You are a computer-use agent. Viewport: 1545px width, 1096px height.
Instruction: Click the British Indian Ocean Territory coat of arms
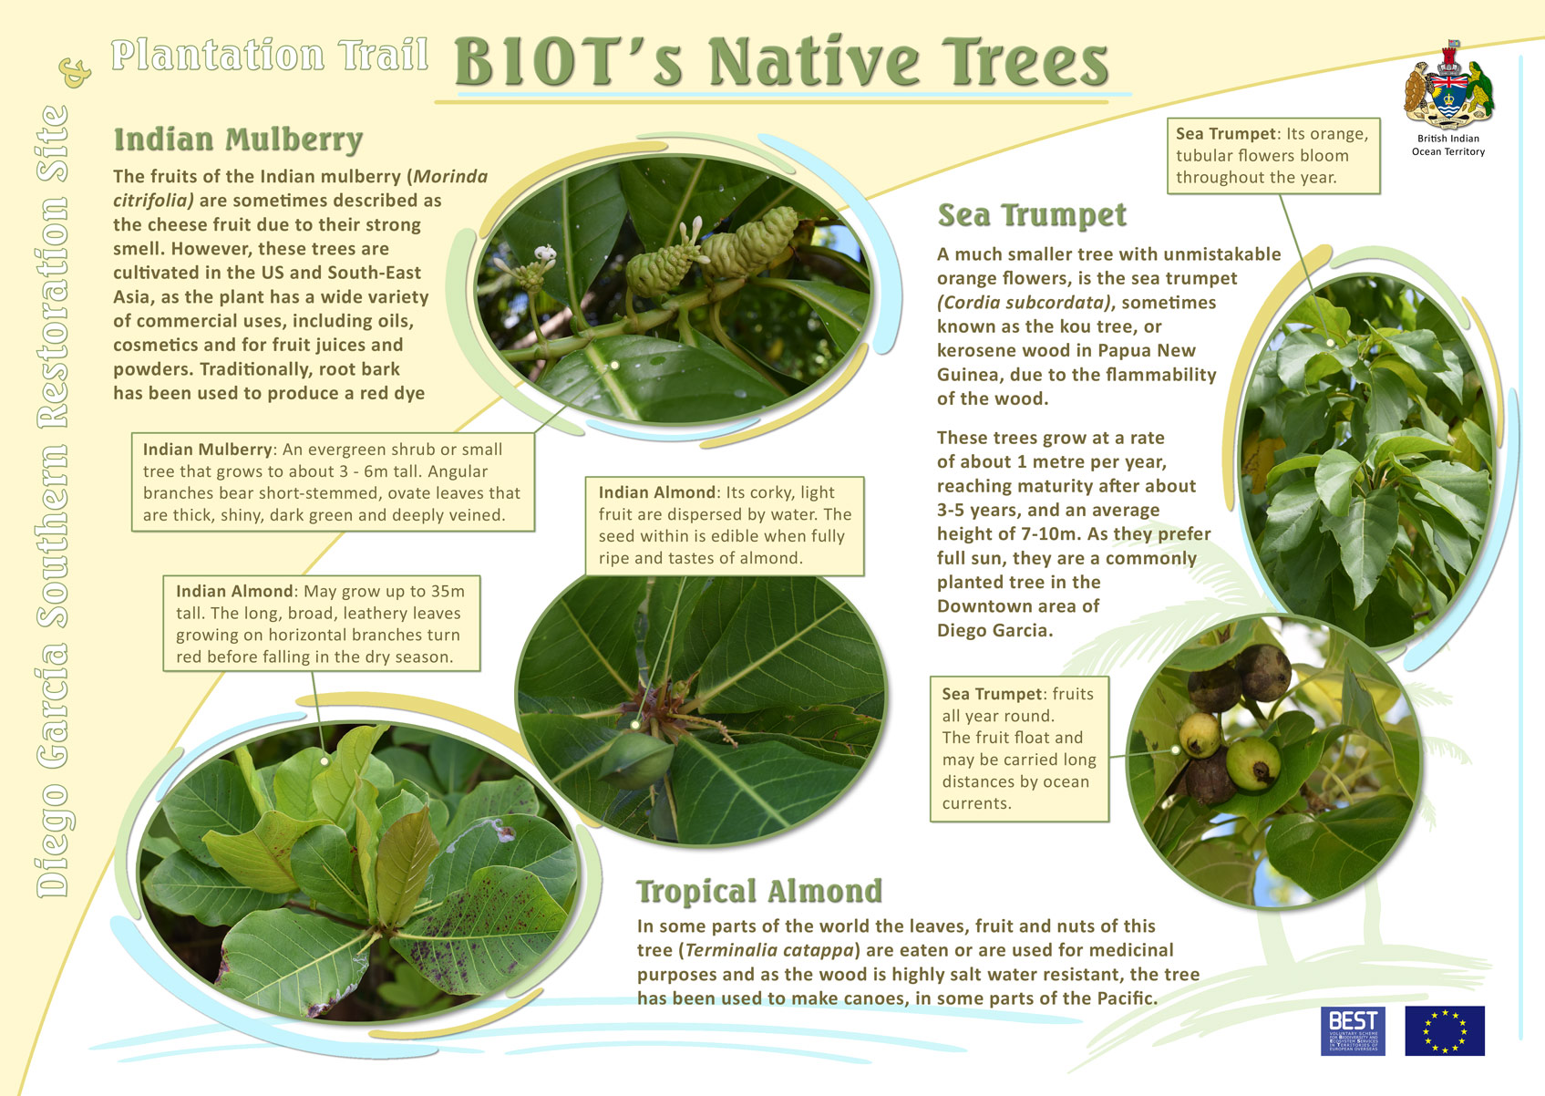point(1448,86)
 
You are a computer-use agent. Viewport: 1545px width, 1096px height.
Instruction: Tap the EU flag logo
point(1445,1030)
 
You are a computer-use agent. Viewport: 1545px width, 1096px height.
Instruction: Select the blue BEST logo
point(1354,1030)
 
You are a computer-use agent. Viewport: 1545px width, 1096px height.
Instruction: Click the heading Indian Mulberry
point(239,140)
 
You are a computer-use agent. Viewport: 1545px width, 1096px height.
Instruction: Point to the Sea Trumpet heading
point(1032,214)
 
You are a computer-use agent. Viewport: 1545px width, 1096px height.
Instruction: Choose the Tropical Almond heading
point(759,891)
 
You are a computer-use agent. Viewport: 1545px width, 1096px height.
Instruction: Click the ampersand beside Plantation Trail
point(76,72)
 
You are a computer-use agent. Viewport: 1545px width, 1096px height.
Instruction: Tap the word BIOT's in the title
point(569,62)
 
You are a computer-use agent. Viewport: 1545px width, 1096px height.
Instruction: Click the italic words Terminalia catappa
point(769,950)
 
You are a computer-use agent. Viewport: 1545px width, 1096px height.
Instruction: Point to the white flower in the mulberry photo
point(545,254)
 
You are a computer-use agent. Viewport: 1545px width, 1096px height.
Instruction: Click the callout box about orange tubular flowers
point(1273,155)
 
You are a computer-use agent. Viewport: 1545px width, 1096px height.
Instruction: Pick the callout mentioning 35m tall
point(322,624)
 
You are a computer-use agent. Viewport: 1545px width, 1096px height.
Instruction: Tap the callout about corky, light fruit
point(725,525)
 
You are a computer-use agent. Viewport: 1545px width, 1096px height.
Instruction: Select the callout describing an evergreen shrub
point(333,481)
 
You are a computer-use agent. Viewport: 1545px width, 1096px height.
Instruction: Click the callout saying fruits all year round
point(1019,749)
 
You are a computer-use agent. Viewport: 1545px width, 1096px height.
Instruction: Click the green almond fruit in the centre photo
point(636,760)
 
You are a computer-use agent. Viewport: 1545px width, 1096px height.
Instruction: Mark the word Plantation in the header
point(217,55)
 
